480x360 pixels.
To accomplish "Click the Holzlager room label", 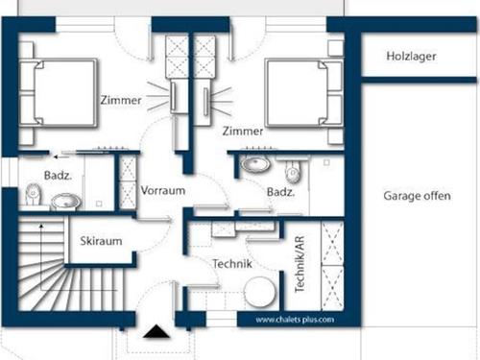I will [x=412, y=57].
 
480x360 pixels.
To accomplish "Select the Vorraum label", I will [x=162, y=190].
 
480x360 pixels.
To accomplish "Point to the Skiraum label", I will [x=101, y=241].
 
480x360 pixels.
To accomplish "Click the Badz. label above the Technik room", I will [x=280, y=192].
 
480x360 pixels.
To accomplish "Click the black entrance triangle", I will [x=153, y=334].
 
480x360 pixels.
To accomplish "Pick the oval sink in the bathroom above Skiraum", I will [x=65, y=202].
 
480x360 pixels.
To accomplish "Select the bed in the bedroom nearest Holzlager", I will [x=303, y=94].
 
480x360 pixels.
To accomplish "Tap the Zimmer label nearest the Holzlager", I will [x=242, y=130].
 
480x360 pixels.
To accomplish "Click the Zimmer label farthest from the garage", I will [x=120, y=100].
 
